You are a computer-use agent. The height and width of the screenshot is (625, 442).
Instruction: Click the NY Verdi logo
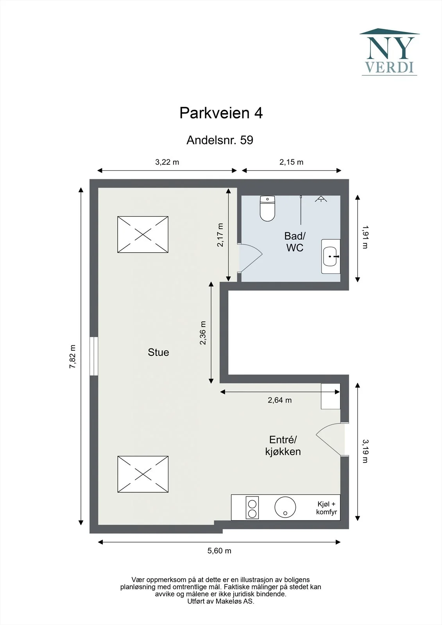[x=390, y=52]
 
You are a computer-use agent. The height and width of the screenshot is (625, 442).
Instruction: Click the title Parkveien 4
[x=221, y=113]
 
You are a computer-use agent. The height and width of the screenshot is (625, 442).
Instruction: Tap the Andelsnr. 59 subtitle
[x=220, y=140]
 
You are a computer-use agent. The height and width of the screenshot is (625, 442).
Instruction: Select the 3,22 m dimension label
[x=167, y=162]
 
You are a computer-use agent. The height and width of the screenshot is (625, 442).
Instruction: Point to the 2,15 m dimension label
[x=291, y=162]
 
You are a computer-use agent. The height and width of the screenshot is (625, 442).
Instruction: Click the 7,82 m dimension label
[x=72, y=357]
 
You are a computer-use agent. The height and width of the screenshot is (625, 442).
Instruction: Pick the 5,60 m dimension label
[x=219, y=550]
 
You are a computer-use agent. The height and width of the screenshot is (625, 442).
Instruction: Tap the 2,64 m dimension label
[x=279, y=400]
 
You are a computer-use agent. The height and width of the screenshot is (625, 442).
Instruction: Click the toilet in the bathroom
[x=267, y=208]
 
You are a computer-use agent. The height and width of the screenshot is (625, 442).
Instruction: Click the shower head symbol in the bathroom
[x=321, y=199]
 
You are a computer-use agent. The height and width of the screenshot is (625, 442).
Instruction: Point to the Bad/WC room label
[x=295, y=242]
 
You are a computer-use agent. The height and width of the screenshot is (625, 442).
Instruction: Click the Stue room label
[x=158, y=352]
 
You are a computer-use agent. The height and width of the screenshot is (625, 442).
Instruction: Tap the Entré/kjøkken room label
[x=283, y=446]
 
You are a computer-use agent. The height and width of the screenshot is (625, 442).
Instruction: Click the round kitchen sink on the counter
[x=285, y=507]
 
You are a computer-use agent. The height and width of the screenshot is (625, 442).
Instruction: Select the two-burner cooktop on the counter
[x=252, y=507]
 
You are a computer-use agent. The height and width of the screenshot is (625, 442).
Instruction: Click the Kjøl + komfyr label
[x=326, y=508]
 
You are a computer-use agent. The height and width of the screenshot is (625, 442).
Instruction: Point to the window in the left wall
[x=94, y=356]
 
